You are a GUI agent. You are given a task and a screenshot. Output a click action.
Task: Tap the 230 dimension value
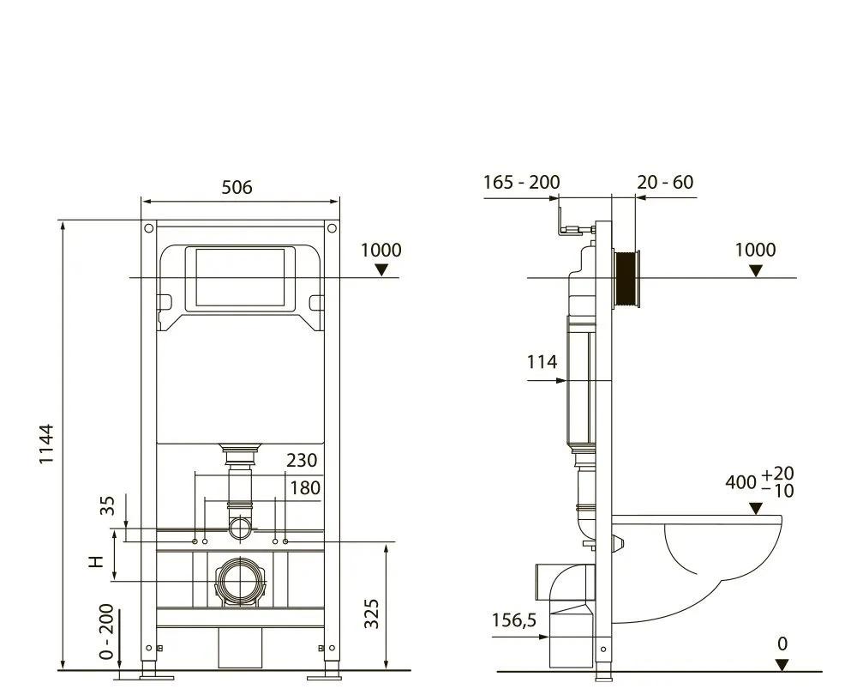302,461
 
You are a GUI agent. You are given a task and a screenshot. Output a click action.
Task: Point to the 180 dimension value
303,488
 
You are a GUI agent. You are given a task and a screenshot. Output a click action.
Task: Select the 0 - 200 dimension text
106,631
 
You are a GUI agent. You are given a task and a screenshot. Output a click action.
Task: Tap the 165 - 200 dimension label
521,182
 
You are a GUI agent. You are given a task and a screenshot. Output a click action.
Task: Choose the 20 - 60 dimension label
665,182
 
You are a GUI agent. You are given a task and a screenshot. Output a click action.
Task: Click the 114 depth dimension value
542,362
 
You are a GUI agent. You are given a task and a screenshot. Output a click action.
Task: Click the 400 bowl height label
741,482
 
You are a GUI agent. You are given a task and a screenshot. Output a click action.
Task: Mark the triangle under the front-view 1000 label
381,269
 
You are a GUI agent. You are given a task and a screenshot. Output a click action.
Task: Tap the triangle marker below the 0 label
781,664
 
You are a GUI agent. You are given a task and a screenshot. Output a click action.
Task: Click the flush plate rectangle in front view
239,278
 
